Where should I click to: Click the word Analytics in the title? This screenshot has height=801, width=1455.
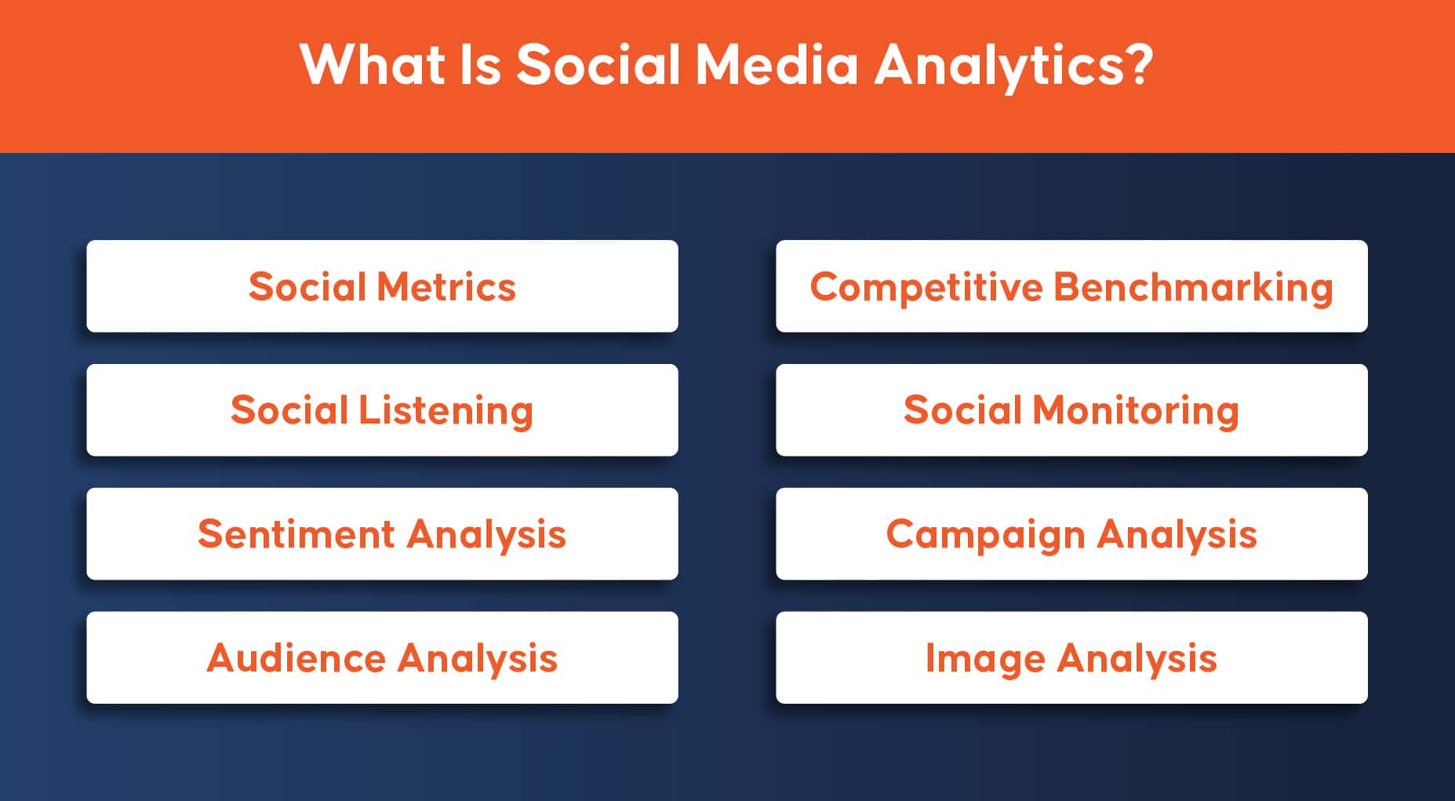tap(1001, 66)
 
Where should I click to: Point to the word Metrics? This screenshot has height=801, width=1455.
tap(446, 286)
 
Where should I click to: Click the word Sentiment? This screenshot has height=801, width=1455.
tap(296, 534)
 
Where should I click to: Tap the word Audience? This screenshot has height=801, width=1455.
tap(296, 657)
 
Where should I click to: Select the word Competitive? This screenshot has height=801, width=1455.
tap(926, 288)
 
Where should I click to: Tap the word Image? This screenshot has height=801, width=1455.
tap(985, 659)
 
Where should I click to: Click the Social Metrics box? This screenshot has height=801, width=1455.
tap(382, 286)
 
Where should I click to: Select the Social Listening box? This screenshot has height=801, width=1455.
tap(382, 410)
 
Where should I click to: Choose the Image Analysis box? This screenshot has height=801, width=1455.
tap(1071, 657)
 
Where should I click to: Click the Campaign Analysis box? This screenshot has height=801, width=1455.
tap(1071, 534)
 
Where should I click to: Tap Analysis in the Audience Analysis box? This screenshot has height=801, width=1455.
tap(478, 659)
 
